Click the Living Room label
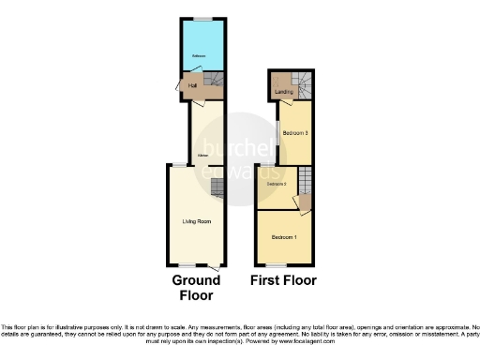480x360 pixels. (196, 222)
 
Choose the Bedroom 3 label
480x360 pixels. (295, 134)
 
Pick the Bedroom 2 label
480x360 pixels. (275, 185)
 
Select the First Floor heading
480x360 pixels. (283, 280)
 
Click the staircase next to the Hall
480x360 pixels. (213, 82)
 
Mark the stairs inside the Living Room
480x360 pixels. (217, 190)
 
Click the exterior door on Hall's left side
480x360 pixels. (180, 87)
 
